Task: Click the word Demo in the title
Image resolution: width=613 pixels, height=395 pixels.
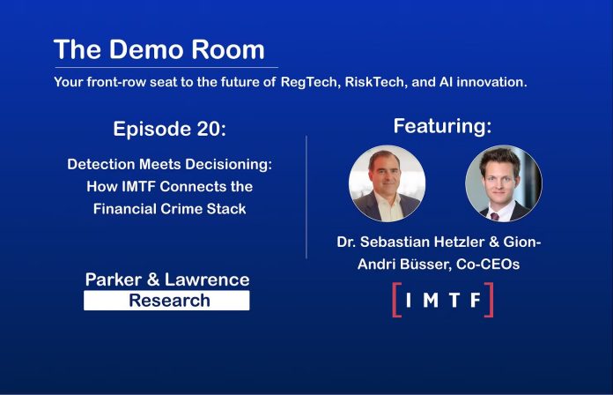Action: coord(146,49)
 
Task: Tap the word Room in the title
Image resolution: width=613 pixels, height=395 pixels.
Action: coord(228,49)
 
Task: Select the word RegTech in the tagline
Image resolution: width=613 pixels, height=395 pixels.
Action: coord(310,83)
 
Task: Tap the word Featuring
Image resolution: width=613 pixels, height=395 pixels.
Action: coord(442,126)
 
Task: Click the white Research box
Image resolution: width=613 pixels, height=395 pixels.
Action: coord(166,301)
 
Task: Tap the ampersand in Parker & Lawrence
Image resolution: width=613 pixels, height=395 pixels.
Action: coord(153,279)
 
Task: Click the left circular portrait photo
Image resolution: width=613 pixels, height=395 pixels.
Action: coord(387,183)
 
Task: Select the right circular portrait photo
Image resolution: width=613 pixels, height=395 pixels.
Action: coord(504,183)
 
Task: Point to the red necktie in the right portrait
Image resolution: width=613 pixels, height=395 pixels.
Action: coord(495,217)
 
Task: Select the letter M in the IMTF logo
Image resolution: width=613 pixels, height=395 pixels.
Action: coord(431,301)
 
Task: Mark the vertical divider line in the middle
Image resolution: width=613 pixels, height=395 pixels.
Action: coord(306,197)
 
